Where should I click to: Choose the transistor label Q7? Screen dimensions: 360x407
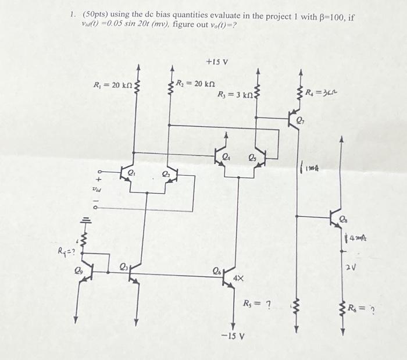[300, 123]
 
